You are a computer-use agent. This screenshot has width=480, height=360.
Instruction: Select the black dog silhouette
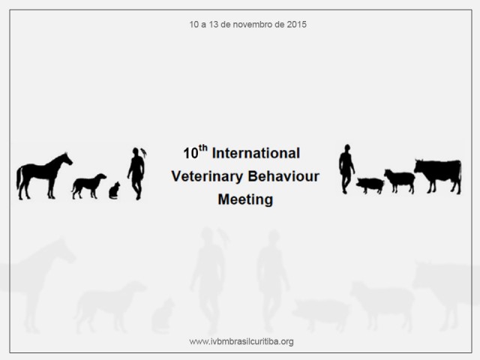(x=88, y=184)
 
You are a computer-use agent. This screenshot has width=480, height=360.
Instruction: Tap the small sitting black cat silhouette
(x=114, y=191)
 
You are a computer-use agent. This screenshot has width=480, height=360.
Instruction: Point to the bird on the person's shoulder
(x=143, y=152)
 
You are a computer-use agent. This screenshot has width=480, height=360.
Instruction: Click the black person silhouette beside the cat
(x=136, y=173)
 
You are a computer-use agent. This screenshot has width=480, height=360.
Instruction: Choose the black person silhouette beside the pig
(x=346, y=169)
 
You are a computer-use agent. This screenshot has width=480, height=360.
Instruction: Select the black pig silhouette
(x=370, y=184)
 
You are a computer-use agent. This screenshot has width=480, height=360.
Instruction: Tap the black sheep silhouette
(x=400, y=180)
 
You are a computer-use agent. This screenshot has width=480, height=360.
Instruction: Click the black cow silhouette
(x=438, y=175)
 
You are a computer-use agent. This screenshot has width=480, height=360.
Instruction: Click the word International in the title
(x=256, y=153)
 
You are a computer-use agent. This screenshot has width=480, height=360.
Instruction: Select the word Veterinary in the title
(x=207, y=177)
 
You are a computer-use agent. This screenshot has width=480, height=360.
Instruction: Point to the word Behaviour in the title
(x=283, y=176)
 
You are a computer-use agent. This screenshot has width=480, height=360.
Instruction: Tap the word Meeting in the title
(x=245, y=199)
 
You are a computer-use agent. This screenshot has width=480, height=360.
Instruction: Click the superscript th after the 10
(x=203, y=148)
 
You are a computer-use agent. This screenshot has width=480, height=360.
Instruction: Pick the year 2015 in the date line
(x=297, y=25)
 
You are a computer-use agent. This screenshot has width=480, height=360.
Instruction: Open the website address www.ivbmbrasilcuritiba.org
(x=241, y=341)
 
